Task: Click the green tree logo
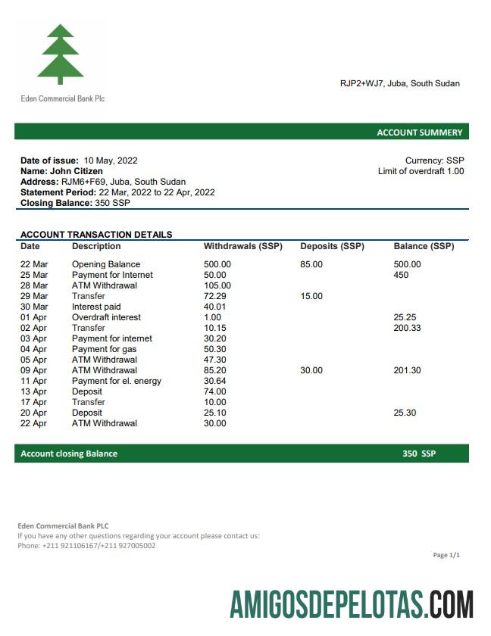pyautogui.click(x=61, y=54)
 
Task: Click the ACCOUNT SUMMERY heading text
pyautogui.click(x=419, y=132)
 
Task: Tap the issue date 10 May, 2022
pyautogui.click(x=111, y=161)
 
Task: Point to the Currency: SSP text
pyautogui.click(x=434, y=161)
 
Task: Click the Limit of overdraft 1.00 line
pyautogui.click(x=421, y=171)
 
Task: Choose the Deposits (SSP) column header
pyautogui.click(x=332, y=246)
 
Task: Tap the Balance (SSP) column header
pyautogui.click(x=424, y=246)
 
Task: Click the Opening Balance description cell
pyautogui.click(x=106, y=264)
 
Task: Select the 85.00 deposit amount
pyautogui.click(x=311, y=264)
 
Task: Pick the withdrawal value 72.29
pyautogui.click(x=216, y=296)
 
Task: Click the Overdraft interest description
pyautogui.click(x=106, y=317)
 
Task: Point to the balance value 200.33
pyautogui.click(x=408, y=328)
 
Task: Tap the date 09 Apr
pyautogui.click(x=33, y=370)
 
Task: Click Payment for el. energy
pyautogui.click(x=117, y=381)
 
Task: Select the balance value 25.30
pyautogui.click(x=405, y=413)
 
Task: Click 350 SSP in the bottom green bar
pyautogui.click(x=419, y=454)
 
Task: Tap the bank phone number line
pyautogui.click(x=86, y=545)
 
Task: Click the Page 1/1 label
pyautogui.click(x=446, y=555)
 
